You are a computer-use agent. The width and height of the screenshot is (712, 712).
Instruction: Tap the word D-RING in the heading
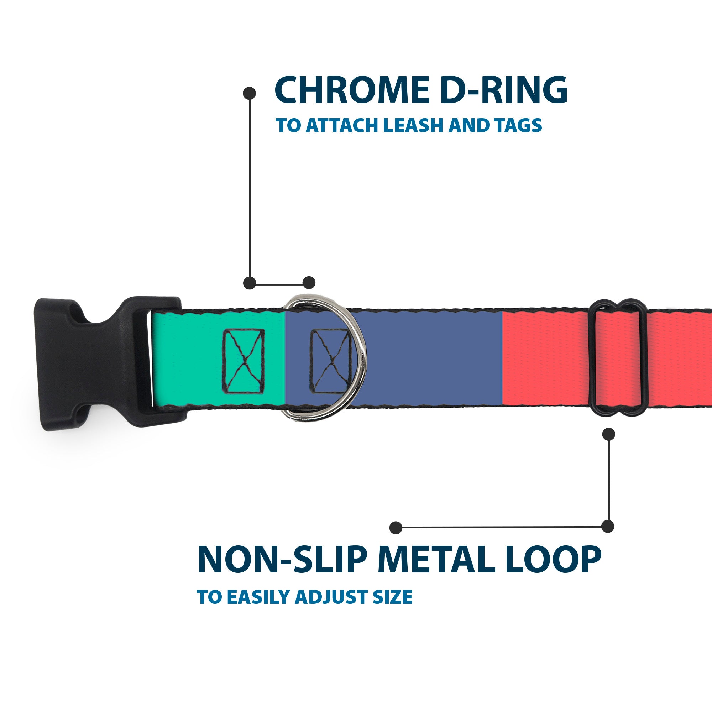coord(503,90)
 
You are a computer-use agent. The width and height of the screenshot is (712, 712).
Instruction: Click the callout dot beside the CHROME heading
coord(250,93)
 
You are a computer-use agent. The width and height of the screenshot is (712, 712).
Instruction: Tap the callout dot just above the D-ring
coord(309,283)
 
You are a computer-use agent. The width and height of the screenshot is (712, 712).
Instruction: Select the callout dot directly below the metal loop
coord(608,434)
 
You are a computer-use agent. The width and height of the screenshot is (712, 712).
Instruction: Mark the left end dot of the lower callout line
coord(396,528)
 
